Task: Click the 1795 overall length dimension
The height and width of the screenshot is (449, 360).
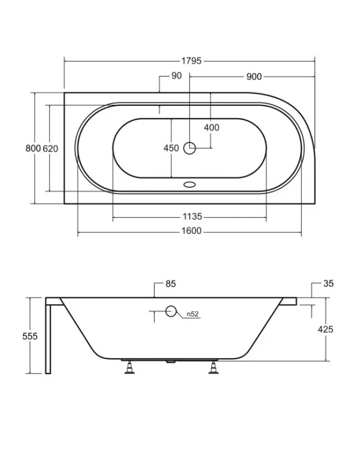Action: tap(192, 61)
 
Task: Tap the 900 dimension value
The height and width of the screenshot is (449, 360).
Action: tap(254, 77)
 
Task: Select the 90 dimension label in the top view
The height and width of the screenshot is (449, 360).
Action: tap(177, 75)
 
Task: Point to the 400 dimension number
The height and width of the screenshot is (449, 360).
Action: tap(211, 128)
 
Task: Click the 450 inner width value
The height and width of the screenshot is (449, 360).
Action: tap(171, 148)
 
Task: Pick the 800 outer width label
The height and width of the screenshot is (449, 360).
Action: tap(34, 148)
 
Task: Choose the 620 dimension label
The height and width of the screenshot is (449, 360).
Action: tap(50, 148)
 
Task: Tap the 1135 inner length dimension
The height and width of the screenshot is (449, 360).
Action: tap(192, 217)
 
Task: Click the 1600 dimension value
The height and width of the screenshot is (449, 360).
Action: tap(192, 231)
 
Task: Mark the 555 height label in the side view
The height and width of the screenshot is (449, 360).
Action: tap(30, 336)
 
